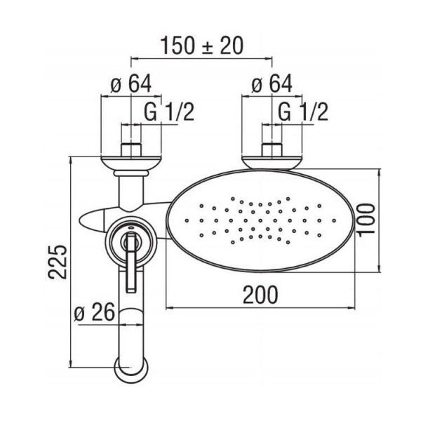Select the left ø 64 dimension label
point(131,84)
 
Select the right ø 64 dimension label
point(272,84)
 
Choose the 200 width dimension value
point(260,293)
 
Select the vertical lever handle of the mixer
point(130,263)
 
